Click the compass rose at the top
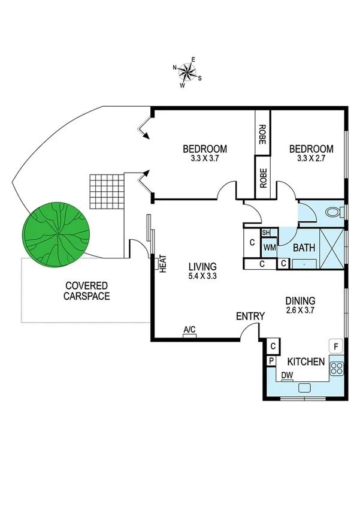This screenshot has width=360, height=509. pyautogui.click(x=187, y=72)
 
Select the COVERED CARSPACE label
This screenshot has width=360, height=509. pyautogui.click(x=87, y=291)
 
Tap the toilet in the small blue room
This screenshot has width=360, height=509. pyautogui.click(x=338, y=213)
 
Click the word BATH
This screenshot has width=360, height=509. pyautogui.click(x=304, y=247)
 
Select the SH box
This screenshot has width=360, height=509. pyautogui.click(x=267, y=233)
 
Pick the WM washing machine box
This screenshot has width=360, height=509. pyautogui.click(x=269, y=246)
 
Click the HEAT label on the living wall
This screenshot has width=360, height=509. pyautogui.click(x=162, y=264)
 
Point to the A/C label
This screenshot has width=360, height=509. pyautogui.click(x=190, y=330)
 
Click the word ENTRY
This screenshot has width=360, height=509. pyautogui.click(x=250, y=316)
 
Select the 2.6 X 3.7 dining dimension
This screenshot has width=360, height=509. pyautogui.click(x=300, y=311)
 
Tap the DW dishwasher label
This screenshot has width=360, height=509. pyautogui.click(x=288, y=376)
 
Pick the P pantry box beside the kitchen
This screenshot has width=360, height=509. pyautogui.click(x=271, y=360)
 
